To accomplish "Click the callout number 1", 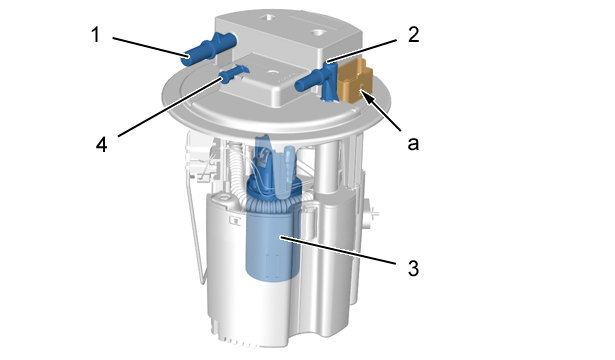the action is click(95, 35).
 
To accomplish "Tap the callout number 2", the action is click(413, 35).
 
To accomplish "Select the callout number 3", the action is click(413, 269).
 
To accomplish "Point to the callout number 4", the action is click(102, 144).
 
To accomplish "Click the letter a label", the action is click(413, 144).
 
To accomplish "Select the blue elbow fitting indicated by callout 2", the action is click(317, 81).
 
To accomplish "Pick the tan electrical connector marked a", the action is click(355, 81).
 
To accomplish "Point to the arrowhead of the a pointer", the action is click(364, 94).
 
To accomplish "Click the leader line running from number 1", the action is click(149, 47).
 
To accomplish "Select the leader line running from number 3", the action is click(339, 250).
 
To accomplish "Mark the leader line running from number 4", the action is click(169, 107).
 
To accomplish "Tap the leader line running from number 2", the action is click(362, 51).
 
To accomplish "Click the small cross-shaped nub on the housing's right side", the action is click(374, 214).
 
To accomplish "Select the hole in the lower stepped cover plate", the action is click(271, 73).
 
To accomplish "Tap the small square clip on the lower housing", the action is click(235, 220).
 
